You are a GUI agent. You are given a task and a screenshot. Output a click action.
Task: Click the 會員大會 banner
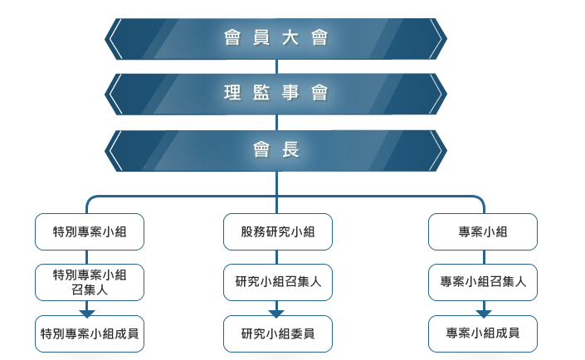click(275, 39)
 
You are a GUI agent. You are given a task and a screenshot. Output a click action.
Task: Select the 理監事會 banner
click(275, 94)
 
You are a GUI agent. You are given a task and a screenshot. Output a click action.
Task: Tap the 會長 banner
click(275, 151)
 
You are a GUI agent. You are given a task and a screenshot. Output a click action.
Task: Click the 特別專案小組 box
click(90, 231)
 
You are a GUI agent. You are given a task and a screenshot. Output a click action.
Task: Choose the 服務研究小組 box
click(278, 231)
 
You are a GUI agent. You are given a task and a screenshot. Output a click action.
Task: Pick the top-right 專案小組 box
click(483, 231)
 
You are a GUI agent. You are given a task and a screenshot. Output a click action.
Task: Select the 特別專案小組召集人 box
click(90, 282)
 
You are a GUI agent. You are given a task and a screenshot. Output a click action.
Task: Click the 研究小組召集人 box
click(278, 282)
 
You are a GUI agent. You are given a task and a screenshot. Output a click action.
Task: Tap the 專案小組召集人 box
click(483, 282)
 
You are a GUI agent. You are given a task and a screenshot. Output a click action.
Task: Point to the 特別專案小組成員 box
click(90, 334)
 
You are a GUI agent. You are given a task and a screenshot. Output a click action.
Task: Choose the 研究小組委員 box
click(278, 334)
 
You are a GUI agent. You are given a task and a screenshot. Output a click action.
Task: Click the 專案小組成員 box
click(483, 334)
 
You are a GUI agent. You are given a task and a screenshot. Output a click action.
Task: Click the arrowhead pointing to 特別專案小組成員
click(87, 314)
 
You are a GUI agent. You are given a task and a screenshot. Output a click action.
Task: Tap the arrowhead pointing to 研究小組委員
click(276, 314)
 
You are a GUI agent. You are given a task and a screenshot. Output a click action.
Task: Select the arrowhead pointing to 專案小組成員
click(484, 314)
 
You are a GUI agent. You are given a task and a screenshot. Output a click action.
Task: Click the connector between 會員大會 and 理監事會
click(276, 66)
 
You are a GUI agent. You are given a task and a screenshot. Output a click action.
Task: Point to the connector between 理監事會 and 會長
click(276, 123)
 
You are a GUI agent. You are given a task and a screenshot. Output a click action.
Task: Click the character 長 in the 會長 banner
click(290, 150)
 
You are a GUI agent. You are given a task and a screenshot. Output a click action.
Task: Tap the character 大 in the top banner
click(290, 38)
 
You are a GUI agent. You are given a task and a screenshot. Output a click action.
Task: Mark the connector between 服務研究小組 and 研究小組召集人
click(276, 257)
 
